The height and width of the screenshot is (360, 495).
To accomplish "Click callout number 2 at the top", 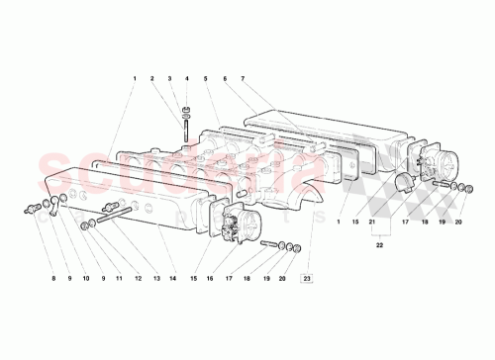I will pyautogui.click(x=151, y=78).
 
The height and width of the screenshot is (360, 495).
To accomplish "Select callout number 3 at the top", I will pyautogui.click(x=169, y=78).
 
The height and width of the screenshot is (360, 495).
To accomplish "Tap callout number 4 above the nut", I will pyautogui.click(x=186, y=78).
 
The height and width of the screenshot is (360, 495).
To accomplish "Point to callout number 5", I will pyautogui.click(x=204, y=78).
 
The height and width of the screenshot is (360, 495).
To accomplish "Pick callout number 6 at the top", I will pyautogui.click(x=225, y=78).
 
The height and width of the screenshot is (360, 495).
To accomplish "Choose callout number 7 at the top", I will pyautogui.click(x=243, y=78).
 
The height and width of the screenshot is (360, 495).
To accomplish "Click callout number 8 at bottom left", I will pyautogui.click(x=52, y=280).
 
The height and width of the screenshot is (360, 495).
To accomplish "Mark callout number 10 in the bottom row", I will pyautogui.click(x=86, y=280).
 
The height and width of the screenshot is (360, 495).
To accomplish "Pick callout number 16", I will pyautogui.click(x=209, y=280).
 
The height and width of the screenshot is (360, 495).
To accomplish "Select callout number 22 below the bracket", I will pyautogui.click(x=377, y=247).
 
